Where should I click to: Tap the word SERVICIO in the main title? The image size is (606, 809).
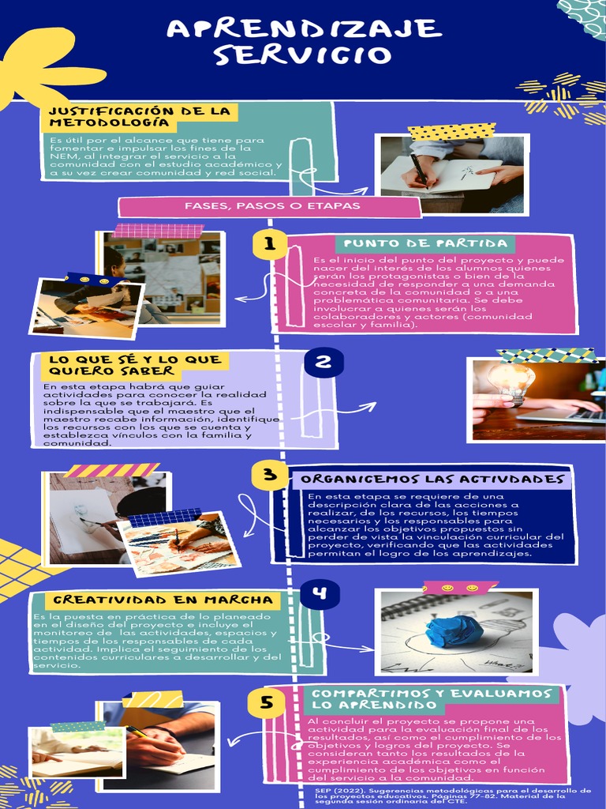coord(303,55)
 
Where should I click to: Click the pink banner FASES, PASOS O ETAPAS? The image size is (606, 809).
coord(271,206)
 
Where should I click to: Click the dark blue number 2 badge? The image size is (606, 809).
coord(324,363)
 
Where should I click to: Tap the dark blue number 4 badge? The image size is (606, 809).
coord(319,594)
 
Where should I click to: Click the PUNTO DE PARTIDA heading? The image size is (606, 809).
coord(425,243)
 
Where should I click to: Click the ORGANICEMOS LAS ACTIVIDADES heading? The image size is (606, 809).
coord(432,479)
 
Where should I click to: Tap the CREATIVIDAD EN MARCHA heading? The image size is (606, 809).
coord(163,600)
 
